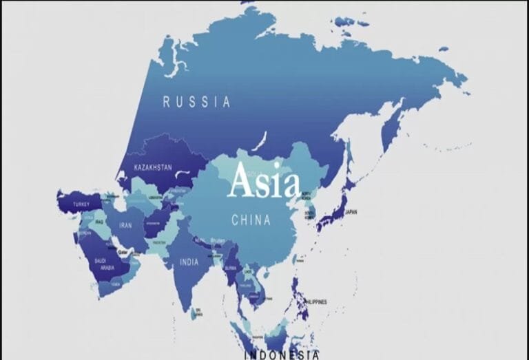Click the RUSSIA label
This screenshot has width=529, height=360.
coord(196,102)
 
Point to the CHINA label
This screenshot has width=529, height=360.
coord(251,221)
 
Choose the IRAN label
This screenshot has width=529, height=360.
coord(125,224)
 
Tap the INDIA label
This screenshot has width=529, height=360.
coord(189,262)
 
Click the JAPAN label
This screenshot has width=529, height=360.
coord(351,212)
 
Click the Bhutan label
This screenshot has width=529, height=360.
coord(218,240)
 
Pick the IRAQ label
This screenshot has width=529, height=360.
coord(98,222)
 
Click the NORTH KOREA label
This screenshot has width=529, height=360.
coord(305,195)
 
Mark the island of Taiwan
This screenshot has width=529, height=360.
coord(301,261)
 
